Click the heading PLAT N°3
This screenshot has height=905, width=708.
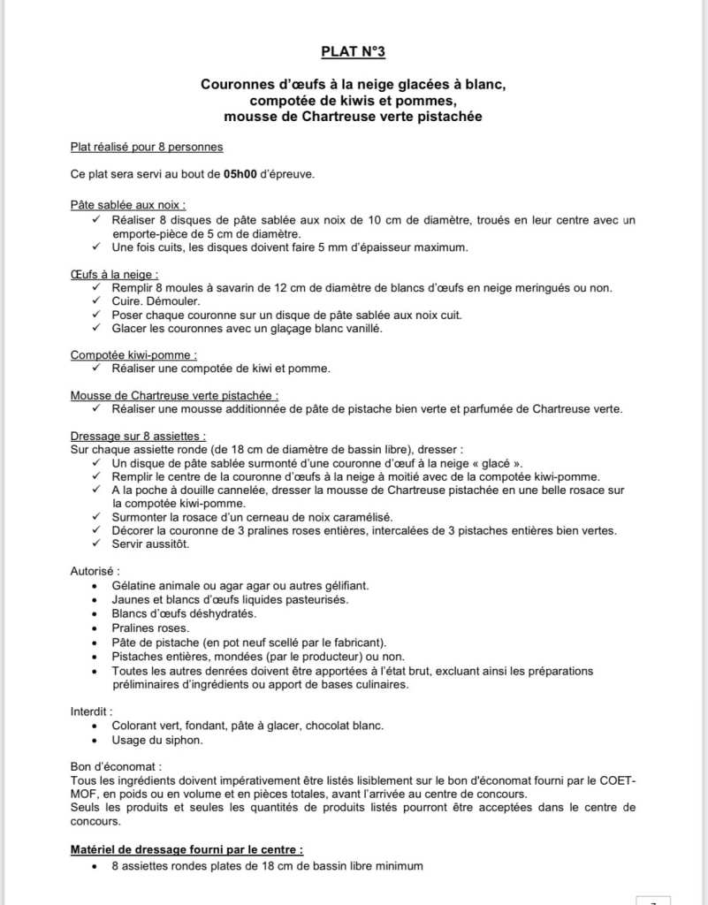[354, 52]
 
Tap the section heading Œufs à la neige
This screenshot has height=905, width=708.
[114, 274]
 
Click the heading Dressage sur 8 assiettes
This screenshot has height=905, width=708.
[138, 436]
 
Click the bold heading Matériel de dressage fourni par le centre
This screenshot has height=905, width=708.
[186, 849]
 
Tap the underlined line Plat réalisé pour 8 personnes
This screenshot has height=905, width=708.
[147, 147]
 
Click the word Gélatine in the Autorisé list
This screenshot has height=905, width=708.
[137, 585]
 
